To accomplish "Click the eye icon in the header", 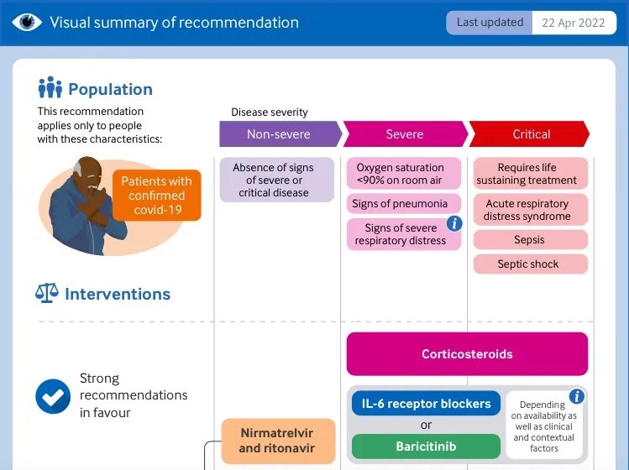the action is click(27, 23).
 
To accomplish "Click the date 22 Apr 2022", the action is click(573, 23).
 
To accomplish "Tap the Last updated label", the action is click(490, 23).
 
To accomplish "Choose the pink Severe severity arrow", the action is click(405, 134).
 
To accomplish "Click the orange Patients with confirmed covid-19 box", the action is click(156, 196).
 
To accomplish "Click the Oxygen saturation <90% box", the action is click(404, 174).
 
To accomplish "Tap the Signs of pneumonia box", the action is click(400, 204).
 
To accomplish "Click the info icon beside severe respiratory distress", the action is click(454, 223).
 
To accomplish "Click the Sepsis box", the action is click(529, 240).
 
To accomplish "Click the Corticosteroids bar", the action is click(467, 354).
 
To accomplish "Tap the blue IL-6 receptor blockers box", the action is click(426, 404).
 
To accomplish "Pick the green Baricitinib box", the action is click(426, 446).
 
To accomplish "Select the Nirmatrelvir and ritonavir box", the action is click(277, 441).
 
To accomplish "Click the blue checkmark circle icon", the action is click(53, 395).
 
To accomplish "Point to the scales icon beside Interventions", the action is click(46, 294).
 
